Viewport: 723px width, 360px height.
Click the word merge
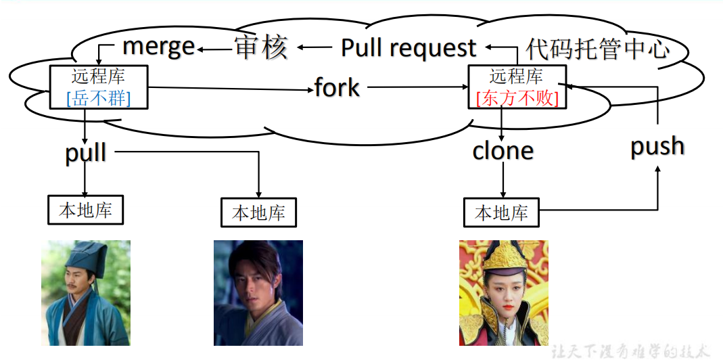click(158, 47)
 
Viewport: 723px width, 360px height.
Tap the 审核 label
click(261, 47)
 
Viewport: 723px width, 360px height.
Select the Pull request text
click(408, 48)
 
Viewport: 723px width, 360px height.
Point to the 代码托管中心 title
click(598, 49)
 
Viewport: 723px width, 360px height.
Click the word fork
click(337, 87)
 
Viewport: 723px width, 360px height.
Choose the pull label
click(86, 152)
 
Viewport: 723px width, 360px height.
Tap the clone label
click(503, 150)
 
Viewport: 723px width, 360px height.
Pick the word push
click(657, 146)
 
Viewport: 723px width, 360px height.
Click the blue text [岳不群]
click(99, 99)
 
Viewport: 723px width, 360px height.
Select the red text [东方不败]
click(517, 99)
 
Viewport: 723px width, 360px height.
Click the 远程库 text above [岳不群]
click(99, 76)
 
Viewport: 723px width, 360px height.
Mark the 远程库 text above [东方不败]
click(517, 76)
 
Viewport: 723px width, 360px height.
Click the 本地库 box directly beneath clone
click(501, 213)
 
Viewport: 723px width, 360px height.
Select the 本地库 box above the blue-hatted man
click(85, 210)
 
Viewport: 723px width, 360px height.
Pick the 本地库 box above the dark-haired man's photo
click(258, 213)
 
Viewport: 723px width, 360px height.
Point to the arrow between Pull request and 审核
click(315, 47)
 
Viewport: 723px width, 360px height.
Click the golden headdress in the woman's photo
click(503, 260)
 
